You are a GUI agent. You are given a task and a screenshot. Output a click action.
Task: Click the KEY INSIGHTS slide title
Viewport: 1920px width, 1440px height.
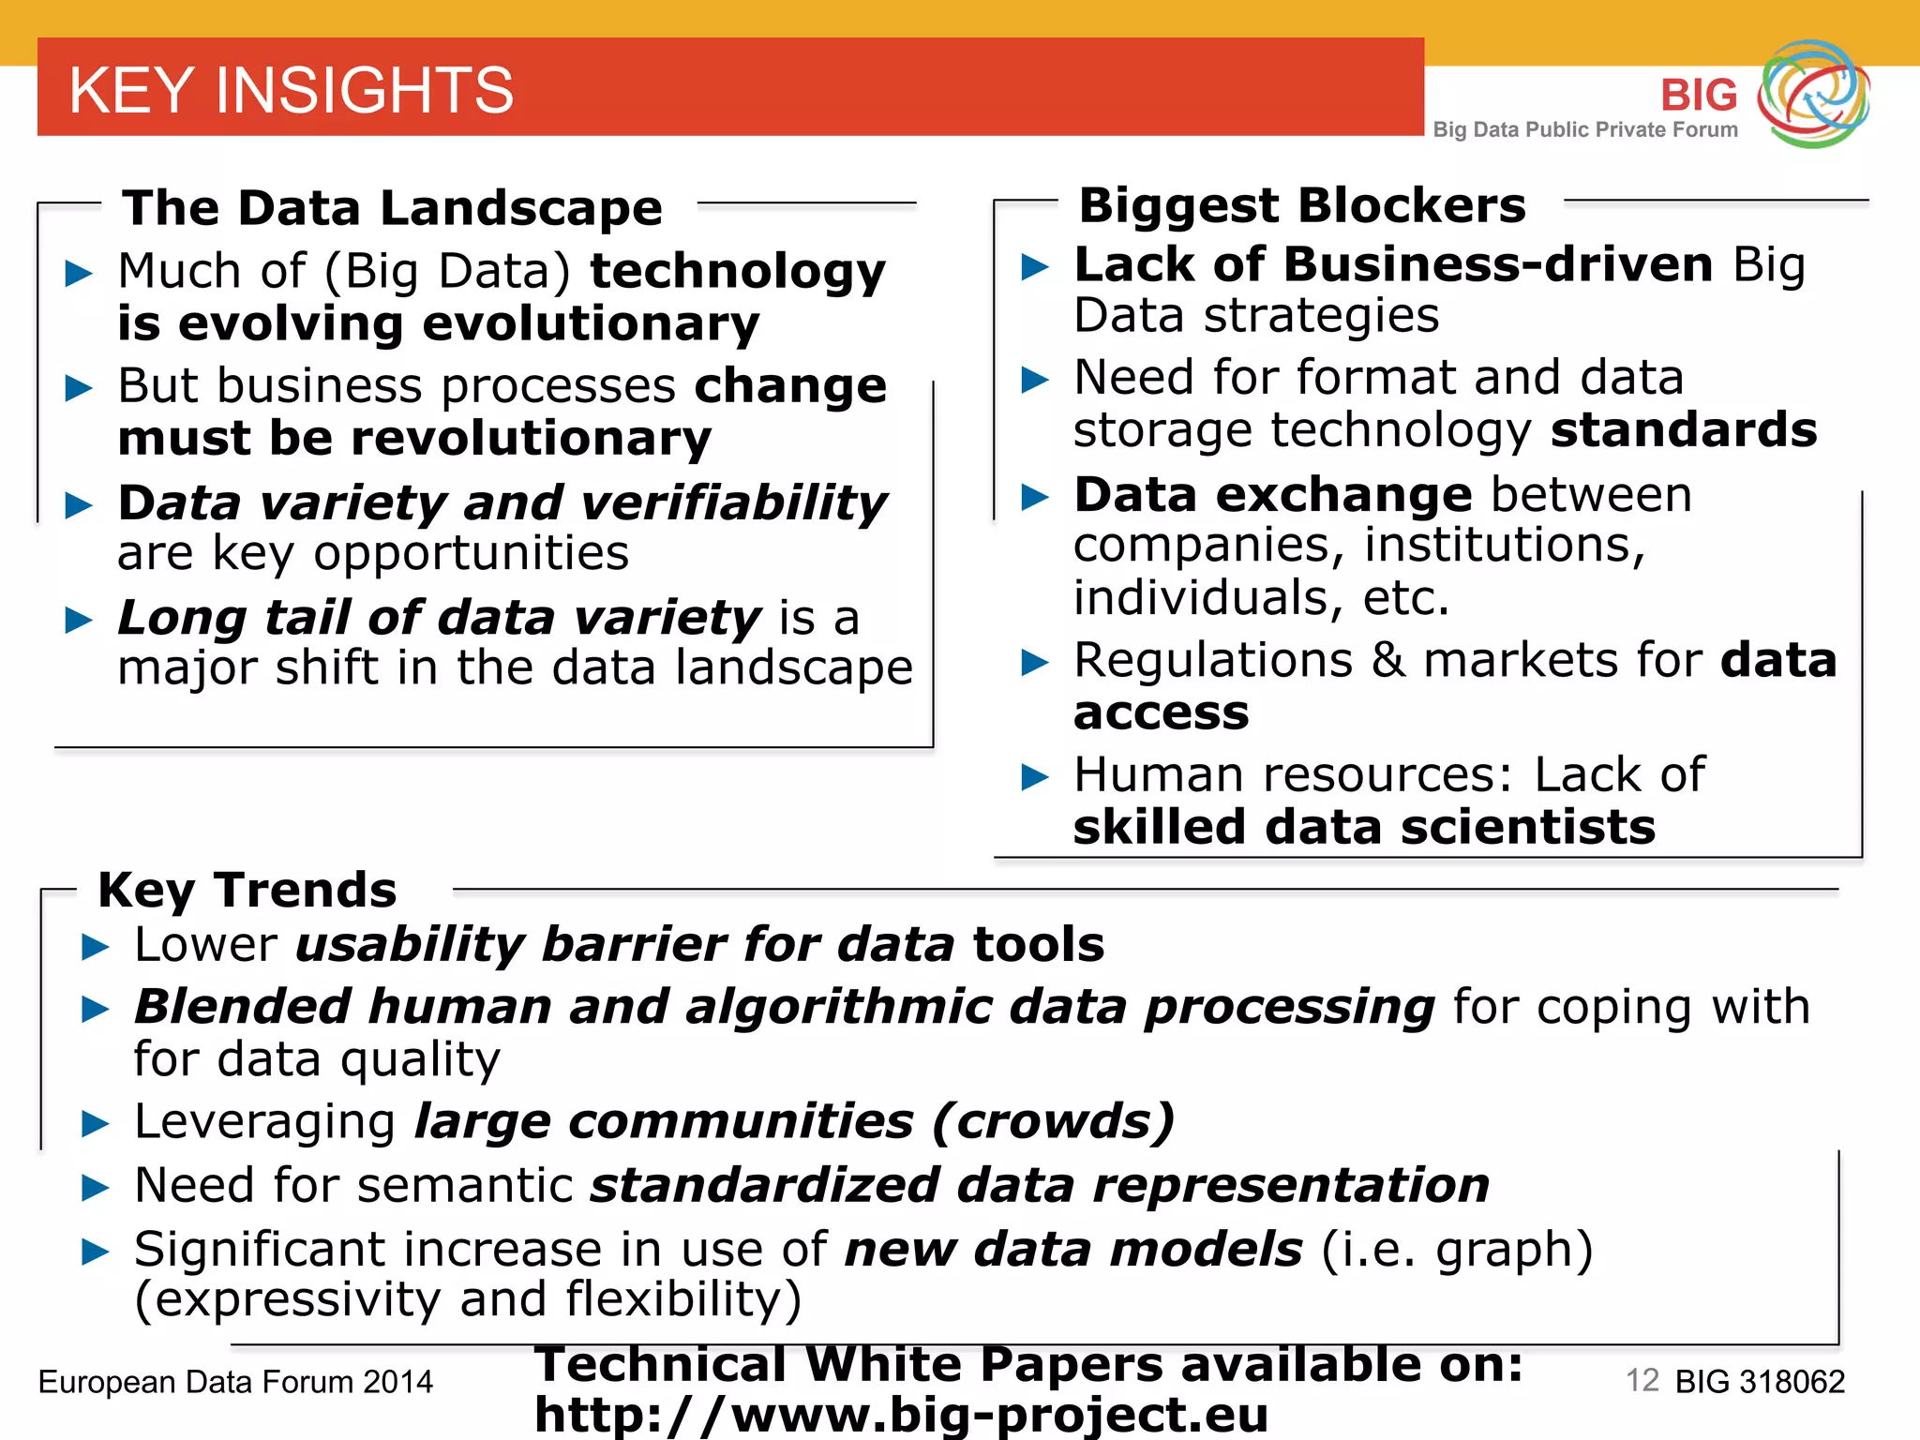coord(291,90)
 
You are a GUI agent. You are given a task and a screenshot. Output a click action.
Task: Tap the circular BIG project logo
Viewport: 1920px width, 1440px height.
coord(1813,93)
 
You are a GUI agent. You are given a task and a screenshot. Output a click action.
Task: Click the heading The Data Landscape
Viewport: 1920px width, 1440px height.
coord(392,207)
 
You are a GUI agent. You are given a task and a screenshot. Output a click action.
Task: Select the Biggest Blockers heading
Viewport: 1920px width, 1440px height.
coord(1301,205)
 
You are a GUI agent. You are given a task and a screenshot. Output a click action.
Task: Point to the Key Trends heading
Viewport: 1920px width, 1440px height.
coord(247,890)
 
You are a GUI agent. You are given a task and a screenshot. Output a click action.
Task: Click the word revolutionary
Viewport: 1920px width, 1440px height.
coord(531,439)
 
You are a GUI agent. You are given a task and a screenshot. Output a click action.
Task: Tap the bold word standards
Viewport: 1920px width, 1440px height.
coord(1684,430)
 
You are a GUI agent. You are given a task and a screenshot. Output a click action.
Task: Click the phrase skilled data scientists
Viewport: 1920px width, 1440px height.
coord(1364,828)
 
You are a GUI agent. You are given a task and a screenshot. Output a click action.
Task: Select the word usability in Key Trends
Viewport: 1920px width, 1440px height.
coord(410,944)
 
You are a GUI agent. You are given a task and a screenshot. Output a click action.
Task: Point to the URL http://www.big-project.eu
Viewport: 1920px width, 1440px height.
coord(901,1414)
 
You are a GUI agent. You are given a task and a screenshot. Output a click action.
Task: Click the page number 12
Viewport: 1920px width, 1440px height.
coord(1642,1380)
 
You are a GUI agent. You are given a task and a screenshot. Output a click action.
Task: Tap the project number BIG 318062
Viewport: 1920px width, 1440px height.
coord(1760,1382)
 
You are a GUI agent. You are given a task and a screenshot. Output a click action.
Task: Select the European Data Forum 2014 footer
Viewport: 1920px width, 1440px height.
coord(235,1382)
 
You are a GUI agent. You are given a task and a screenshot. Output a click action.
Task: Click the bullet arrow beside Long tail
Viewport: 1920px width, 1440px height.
coord(79,620)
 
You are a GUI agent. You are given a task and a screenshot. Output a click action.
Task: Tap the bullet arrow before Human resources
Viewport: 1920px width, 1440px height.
coord(1034,777)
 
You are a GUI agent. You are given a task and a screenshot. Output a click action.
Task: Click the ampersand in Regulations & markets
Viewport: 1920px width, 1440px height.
coord(1388,660)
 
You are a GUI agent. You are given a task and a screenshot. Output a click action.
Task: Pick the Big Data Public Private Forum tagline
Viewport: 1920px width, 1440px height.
coord(1585,129)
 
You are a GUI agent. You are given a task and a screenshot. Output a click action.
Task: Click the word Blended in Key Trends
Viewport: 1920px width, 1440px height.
coord(243,1007)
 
